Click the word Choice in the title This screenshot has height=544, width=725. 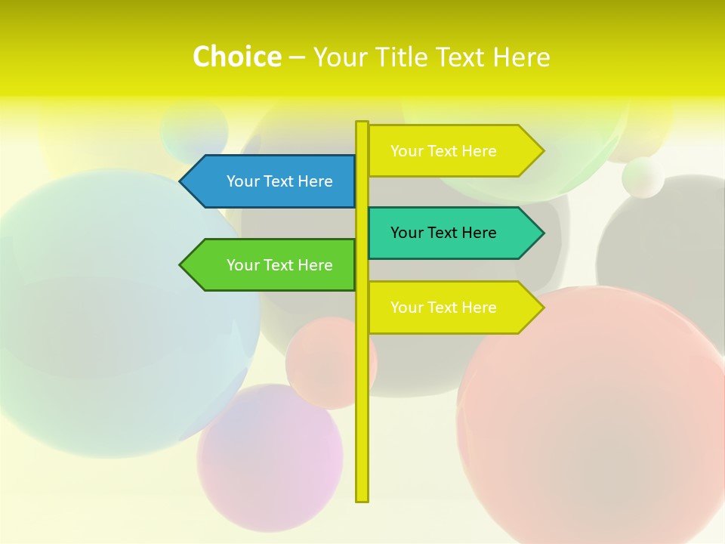pyautogui.click(x=236, y=57)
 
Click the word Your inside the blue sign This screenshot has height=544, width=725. pyautogui.click(x=243, y=181)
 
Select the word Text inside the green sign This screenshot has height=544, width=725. pyautogui.click(x=279, y=265)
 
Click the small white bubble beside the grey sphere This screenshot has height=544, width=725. pyautogui.click(x=643, y=178)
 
